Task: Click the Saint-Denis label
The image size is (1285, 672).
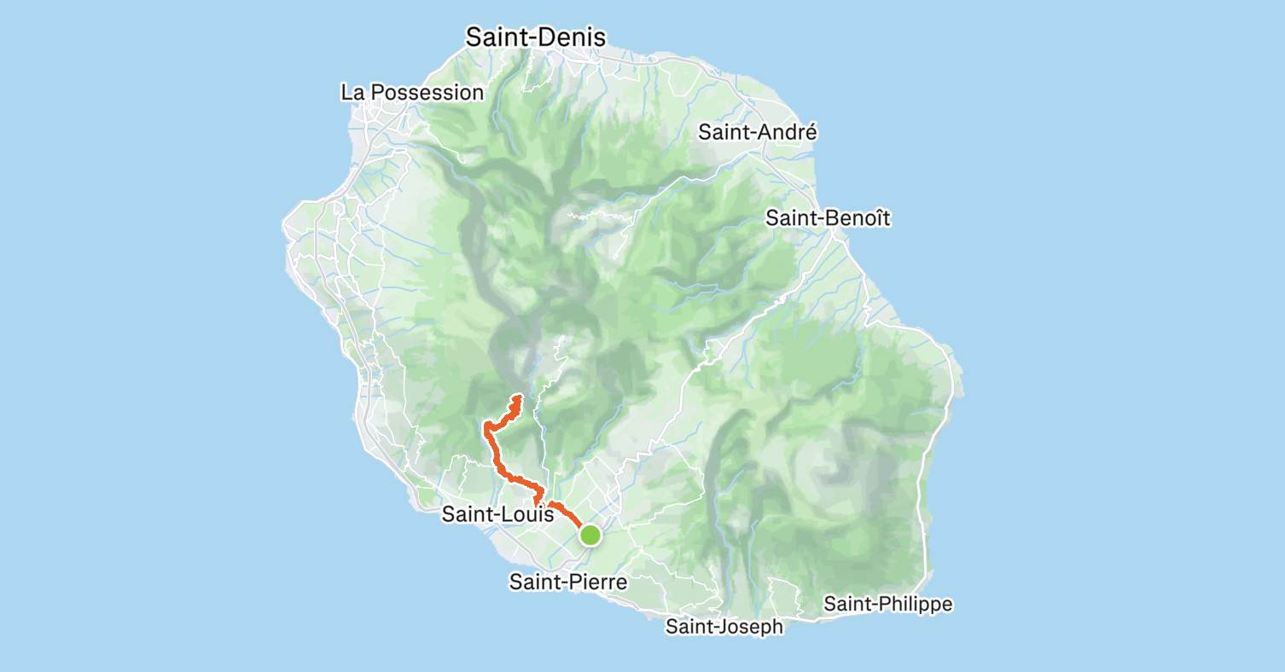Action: pos(535,38)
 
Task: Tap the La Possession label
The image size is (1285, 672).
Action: pos(412,92)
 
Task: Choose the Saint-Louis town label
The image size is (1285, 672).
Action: pos(492,515)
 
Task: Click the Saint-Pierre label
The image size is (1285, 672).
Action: pos(568,582)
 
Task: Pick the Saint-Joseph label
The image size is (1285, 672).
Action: pos(724,627)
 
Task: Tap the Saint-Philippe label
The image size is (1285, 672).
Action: pos(887,605)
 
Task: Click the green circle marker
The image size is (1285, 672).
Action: pos(590,536)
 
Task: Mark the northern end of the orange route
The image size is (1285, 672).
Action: pos(519,397)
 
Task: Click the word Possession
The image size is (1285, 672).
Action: pos(428,92)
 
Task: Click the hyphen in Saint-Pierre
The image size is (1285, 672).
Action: pos(555,583)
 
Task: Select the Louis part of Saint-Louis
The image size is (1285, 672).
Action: pos(520,515)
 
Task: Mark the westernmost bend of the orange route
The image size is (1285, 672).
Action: pos(485,426)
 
